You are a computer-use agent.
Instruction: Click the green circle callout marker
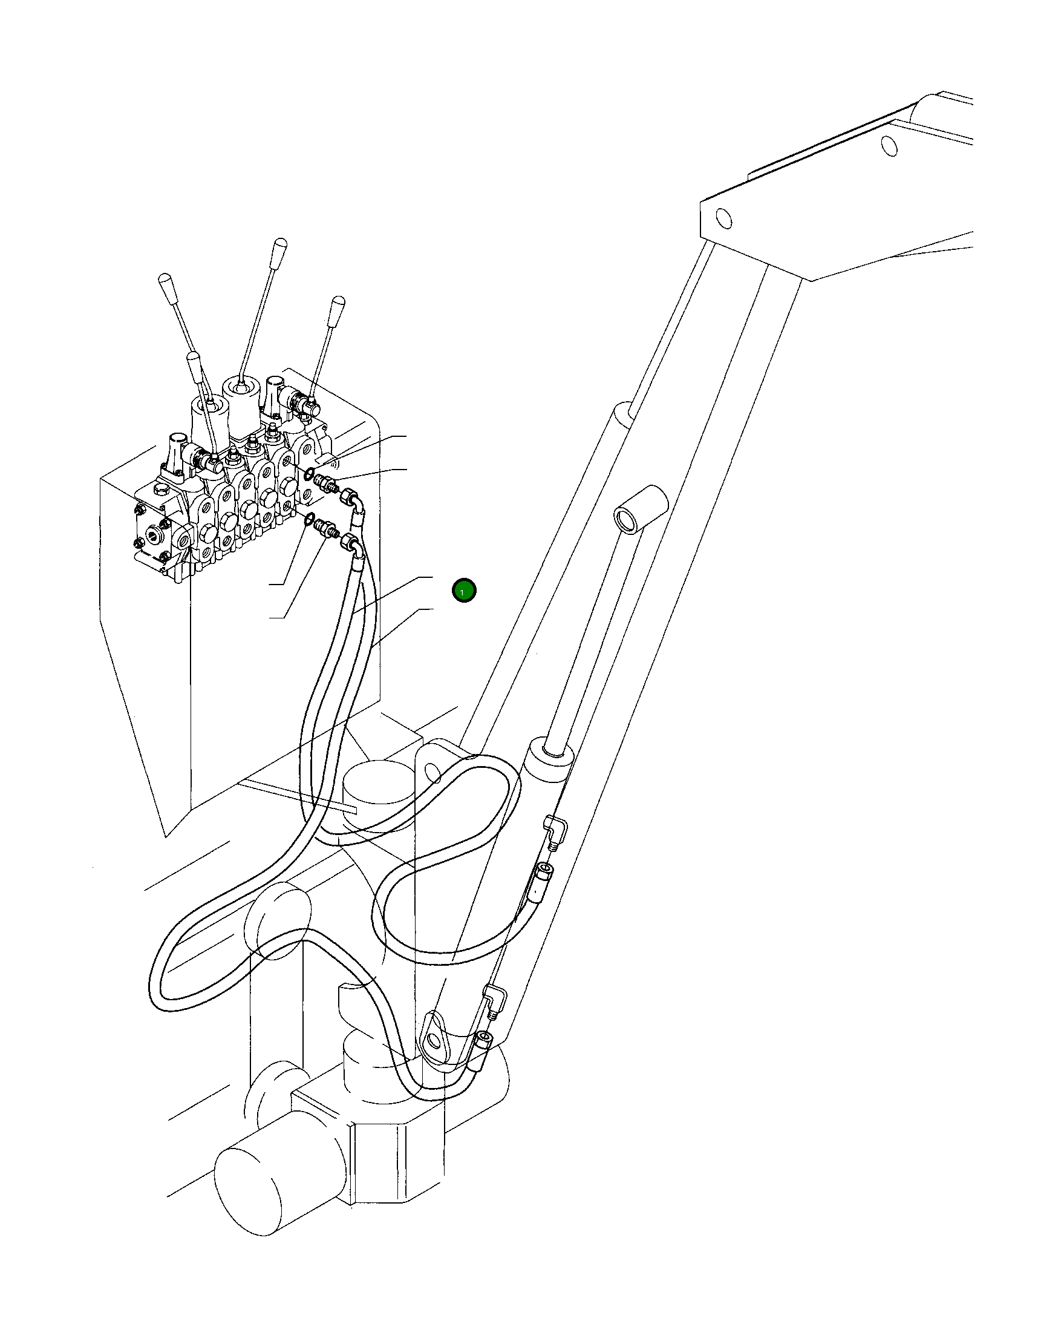pos(463,591)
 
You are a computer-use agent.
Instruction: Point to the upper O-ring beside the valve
pos(310,473)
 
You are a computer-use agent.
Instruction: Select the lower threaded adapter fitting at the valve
pos(325,529)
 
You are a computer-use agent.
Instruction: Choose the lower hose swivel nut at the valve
pos(347,542)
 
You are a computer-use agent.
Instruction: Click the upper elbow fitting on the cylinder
pos(556,828)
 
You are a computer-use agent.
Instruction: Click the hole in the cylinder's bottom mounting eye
pos(435,1042)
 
